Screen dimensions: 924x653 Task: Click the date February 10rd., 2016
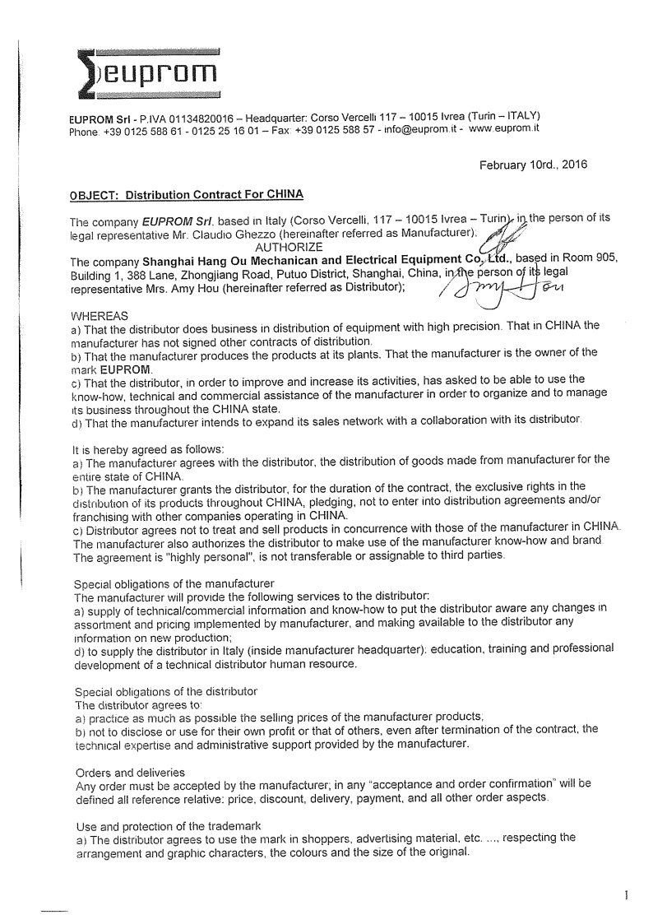[x=533, y=165]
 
